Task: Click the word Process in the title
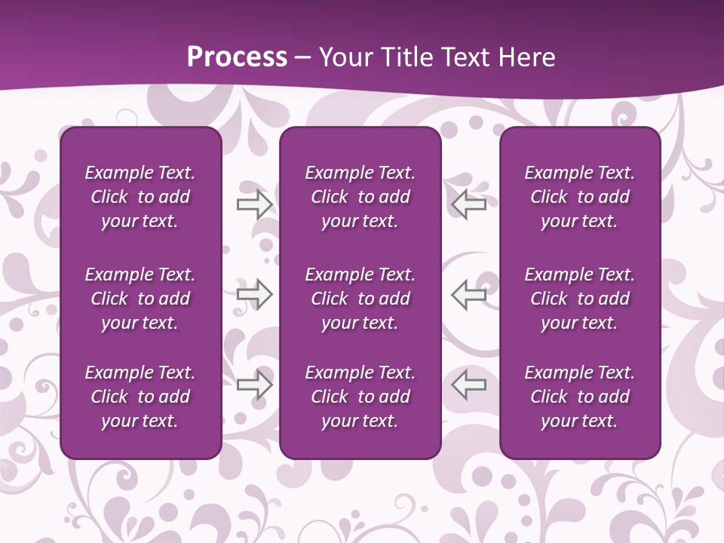(237, 57)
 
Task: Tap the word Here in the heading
(525, 57)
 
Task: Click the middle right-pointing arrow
(255, 294)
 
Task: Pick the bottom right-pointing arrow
(255, 385)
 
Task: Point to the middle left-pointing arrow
(468, 294)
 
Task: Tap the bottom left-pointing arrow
(468, 385)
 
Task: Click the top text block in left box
(140, 197)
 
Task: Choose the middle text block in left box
(140, 299)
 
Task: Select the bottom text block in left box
(140, 397)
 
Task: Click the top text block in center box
(360, 197)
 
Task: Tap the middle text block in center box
(360, 299)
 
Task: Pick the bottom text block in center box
(360, 397)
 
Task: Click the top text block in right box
(579, 197)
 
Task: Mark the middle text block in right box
(579, 299)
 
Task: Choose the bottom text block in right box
(579, 397)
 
